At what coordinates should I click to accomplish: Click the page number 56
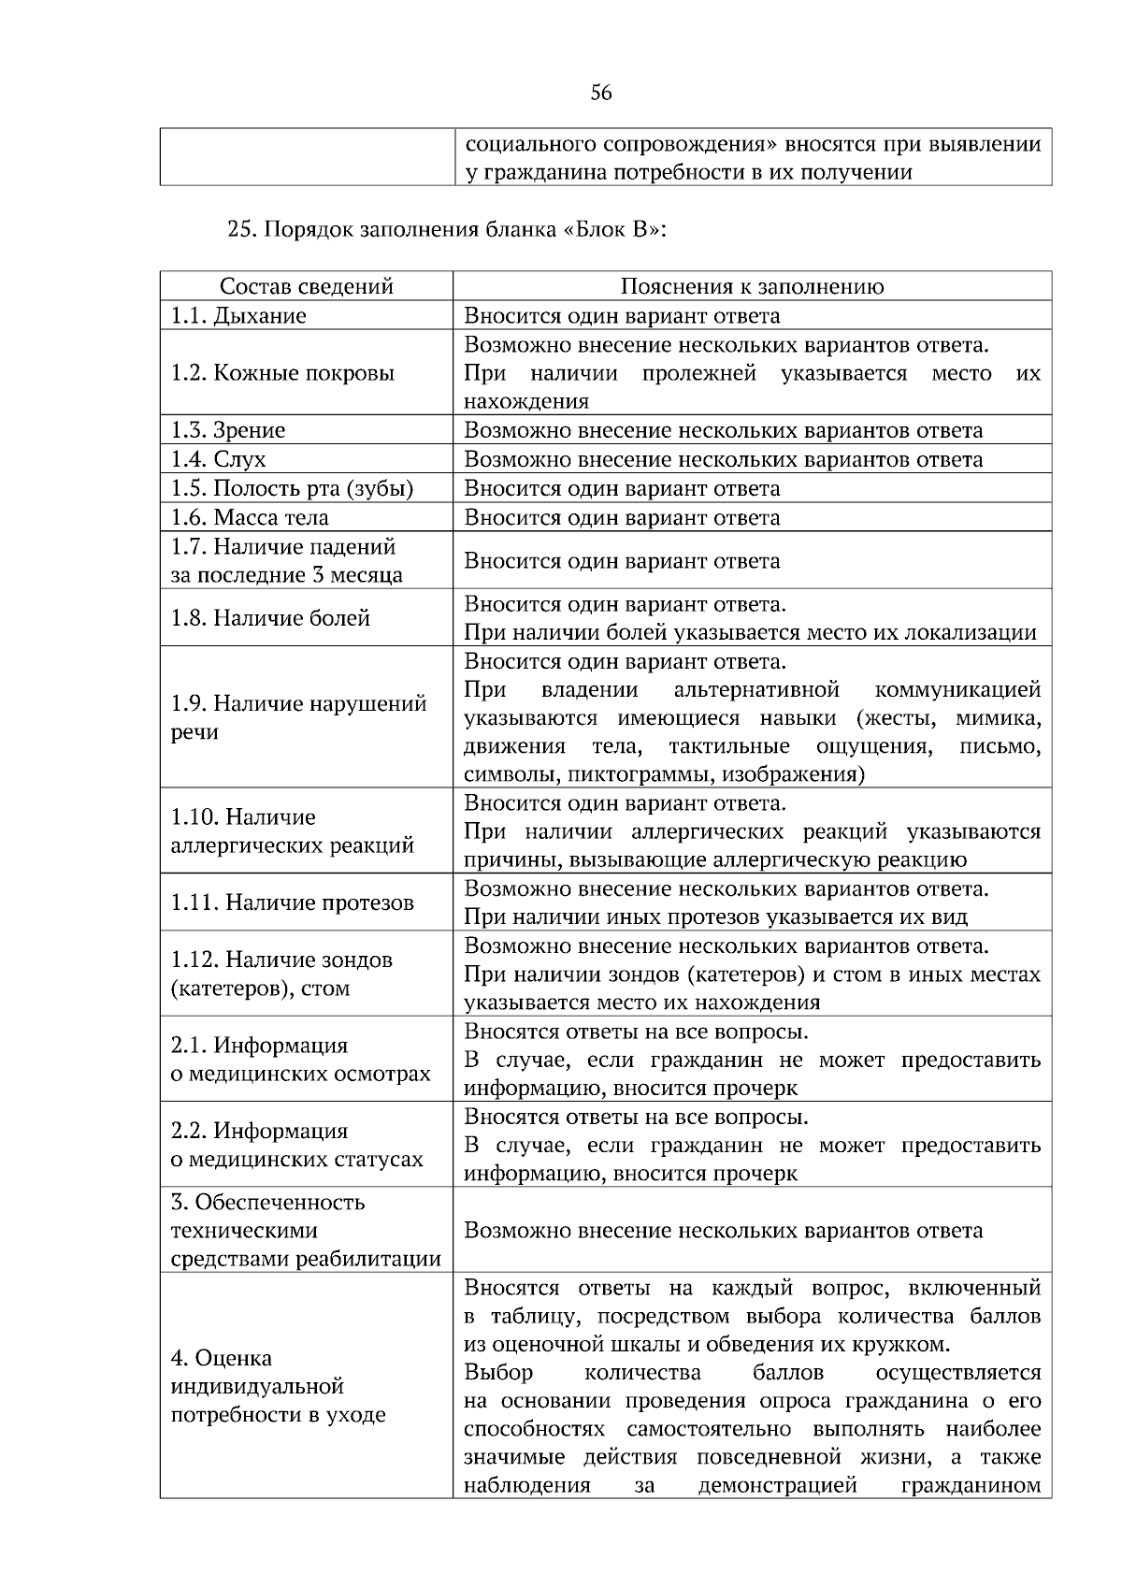601,93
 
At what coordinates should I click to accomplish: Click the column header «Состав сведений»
306,286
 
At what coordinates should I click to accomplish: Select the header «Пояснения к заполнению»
752,286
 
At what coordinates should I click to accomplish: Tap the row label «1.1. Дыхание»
238,315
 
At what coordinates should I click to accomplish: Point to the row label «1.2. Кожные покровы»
282,373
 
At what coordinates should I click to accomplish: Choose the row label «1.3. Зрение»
227,430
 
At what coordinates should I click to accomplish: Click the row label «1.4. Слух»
218,459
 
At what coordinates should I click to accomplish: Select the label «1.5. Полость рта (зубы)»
292,488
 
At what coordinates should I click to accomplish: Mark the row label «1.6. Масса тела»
250,517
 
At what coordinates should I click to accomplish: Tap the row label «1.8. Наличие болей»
270,618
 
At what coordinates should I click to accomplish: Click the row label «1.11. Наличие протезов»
292,902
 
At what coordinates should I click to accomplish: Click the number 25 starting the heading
240,230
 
